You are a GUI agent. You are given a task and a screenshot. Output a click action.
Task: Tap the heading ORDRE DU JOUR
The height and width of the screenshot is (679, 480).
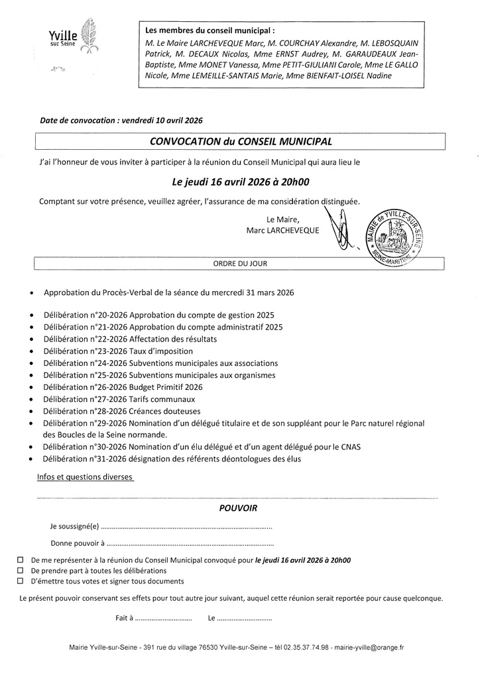click(x=239, y=263)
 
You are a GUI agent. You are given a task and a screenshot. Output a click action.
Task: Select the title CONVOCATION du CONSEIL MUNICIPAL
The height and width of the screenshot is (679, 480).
click(x=241, y=141)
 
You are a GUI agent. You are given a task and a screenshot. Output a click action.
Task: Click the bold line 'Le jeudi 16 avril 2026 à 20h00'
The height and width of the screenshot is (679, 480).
click(x=241, y=180)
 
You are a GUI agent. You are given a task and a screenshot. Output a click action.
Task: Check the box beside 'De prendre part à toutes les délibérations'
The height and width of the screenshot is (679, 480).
click(x=20, y=570)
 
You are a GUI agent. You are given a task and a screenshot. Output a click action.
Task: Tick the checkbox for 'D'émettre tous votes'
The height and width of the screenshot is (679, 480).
click(x=20, y=581)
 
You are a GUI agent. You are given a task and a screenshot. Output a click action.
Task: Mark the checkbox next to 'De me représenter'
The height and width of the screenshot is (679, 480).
click(x=20, y=560)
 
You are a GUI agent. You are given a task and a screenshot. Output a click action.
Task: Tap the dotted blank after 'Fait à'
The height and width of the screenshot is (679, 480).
click(x=163, y=618)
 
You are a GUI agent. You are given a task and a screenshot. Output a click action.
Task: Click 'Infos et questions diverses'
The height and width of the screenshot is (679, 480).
click(x=85, y=477)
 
